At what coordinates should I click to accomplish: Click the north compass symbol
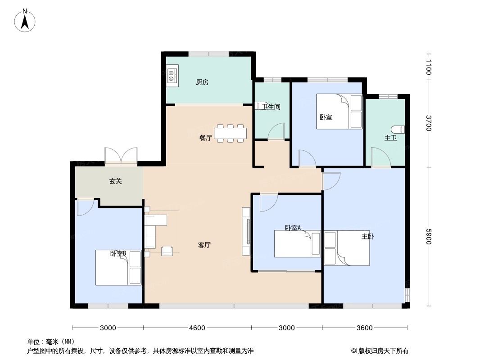coord(25,20)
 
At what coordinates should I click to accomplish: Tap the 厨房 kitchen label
coord(202,82)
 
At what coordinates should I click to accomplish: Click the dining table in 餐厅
coord(230,133)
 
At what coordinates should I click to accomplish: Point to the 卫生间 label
coord(272,107)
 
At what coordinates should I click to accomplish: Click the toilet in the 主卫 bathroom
coord(400,129)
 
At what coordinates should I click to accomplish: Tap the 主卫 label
coord(390,138)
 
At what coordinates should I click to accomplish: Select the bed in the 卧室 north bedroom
coord(339,112)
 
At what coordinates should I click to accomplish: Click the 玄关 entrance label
coord(116,181)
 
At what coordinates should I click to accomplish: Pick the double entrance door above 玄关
coord(120,156)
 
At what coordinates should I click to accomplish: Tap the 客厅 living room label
coord(204,245)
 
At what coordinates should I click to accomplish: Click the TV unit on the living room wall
coord(246,231)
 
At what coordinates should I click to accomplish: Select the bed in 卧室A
coord(297,244)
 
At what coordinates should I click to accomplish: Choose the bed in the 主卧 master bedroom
coord(347,248)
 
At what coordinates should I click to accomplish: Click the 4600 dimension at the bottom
coord(197,328)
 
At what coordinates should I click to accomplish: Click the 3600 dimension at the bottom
coord(364,328)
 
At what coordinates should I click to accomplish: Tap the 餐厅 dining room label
coord(205,138)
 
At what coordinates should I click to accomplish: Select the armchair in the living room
coord(167,250)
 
